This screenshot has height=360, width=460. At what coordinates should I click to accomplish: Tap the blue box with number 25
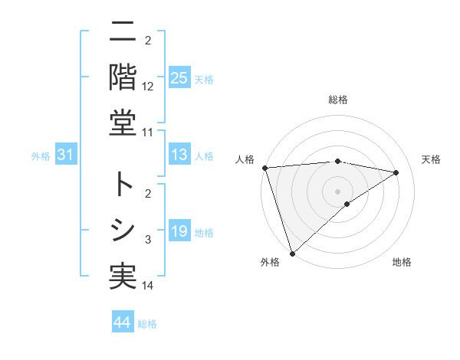point(179,78)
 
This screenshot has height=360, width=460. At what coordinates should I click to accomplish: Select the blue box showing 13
point(179,155)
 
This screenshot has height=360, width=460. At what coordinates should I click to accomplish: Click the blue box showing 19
point(179,231)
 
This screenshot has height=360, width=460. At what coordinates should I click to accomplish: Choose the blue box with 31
point(65,155)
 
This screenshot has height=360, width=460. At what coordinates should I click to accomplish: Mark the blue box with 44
point(122,322)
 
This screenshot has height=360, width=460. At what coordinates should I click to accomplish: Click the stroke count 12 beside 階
point(148,87)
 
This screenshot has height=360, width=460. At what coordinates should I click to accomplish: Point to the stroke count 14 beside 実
point(148,286)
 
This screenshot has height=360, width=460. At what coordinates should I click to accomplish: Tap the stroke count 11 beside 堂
point(148,133)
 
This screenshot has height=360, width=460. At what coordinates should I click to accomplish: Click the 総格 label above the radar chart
point(337,100)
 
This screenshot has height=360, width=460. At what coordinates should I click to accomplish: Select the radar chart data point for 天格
point(396,172)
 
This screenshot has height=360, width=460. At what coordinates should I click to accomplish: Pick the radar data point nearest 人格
point(264,168)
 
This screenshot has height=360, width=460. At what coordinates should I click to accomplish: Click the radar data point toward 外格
point(292,253)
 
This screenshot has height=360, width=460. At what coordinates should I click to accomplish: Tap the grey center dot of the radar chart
point(337,191)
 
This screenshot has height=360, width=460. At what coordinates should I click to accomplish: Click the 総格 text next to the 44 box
point(147,324)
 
